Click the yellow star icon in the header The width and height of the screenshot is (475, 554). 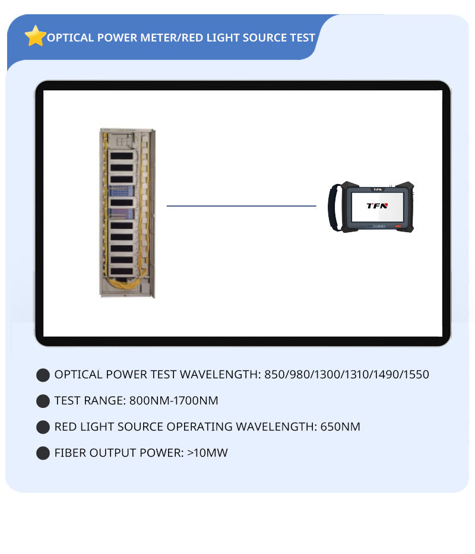click(x=36, y=36)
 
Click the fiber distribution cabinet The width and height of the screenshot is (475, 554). click(x=127, y=213)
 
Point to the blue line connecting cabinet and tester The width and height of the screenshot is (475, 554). click(x=241, y=206)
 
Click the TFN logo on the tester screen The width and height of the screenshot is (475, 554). click(x=376, y=205)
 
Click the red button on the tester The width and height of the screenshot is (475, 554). click(x=397, y=226)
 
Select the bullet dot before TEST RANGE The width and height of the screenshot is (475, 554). click(x=43, y=401)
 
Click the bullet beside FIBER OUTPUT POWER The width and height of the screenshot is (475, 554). click(x=43, y=453)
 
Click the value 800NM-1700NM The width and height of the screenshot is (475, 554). click(x=173, y=401)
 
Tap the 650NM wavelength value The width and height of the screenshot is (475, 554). click(x=340, y=427)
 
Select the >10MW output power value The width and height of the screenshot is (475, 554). click(x=207, y=453)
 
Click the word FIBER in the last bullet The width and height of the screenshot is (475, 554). click(x=70, y=453)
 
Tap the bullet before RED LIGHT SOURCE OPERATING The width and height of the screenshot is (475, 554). click(x=43, y=427)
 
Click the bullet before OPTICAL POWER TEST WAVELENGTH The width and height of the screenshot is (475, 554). click(x=43, y=375)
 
